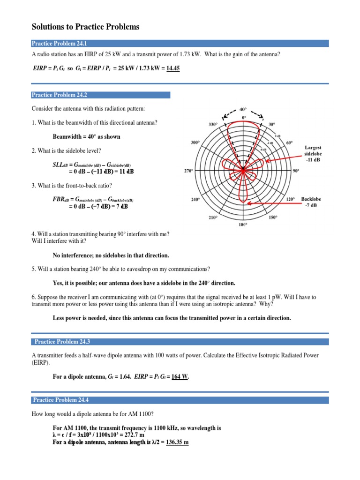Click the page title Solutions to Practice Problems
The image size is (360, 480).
tap(85, 27)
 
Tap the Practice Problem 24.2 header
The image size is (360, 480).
tap(100, 95)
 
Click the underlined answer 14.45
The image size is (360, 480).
tap(171, 68)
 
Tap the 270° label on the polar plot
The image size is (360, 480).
tap(188, 172)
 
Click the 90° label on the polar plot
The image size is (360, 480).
tap(296, 172)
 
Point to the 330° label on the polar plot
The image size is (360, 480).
tap(213, 125)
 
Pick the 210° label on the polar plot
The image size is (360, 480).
tap(213, 217)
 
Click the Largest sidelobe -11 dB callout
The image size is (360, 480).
tap(313, 154)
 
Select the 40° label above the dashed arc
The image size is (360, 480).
tap(243, 108)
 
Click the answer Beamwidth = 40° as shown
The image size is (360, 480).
tap(87, 137)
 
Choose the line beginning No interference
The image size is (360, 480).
tap(111, 255)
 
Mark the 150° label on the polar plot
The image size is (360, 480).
tap(273, 217)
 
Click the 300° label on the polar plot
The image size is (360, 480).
tap(195, 142)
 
